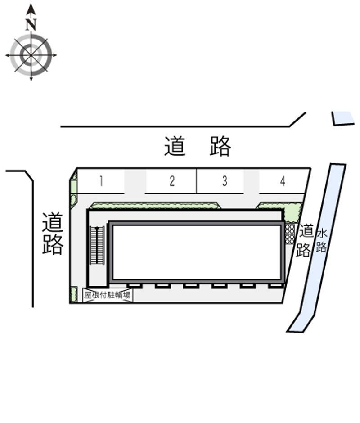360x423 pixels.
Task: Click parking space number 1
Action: (x=101, y=181)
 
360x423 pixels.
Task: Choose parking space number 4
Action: (x=283, y=181)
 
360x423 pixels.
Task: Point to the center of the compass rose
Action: (x=31, y=55)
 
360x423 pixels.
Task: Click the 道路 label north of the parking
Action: (x=198, y=146)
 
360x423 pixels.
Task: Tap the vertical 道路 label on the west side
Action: (x=53, y=234)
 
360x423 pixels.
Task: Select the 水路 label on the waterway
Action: (x=322, y=241)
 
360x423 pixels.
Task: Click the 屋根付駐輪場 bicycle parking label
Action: (x=107, y=295)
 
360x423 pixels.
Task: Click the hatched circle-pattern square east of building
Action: (x=290, y=234)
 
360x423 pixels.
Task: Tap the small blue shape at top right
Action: (x=343, y=118)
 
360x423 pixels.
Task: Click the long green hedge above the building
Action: (x=155, y=206)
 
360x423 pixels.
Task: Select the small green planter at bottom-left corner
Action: (x=73, y=295)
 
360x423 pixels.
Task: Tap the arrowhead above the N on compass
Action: (x=31, y=10)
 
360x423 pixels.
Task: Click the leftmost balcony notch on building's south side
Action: (x=134, y=286)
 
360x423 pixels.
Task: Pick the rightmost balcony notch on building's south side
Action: (x=275, y=286)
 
